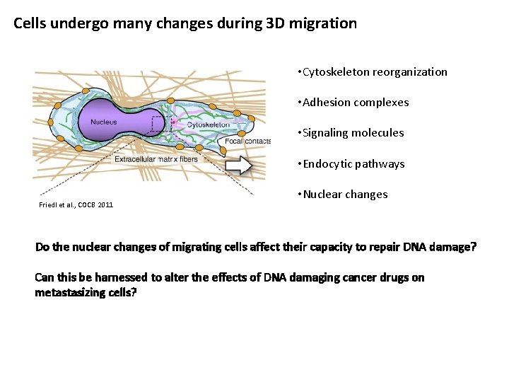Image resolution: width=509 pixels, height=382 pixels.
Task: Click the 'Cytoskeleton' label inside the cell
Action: click(x=208, y=125)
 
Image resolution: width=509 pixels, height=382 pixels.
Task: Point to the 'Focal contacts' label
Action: click(x=247, y=141)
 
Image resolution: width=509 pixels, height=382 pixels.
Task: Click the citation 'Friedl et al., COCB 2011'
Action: click(x=76, y=205)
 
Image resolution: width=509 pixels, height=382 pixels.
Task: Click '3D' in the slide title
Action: click(x=281, y=23)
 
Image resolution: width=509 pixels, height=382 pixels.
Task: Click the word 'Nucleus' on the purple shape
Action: click(x=103, y=122)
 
